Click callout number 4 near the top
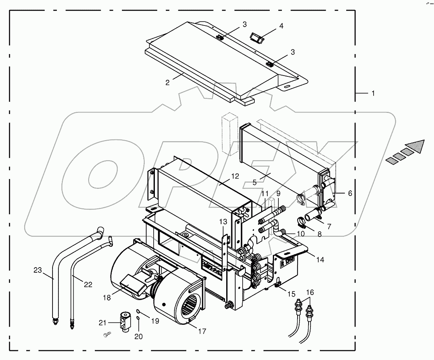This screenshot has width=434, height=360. point(281,26)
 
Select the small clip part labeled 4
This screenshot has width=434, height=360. point(256,38)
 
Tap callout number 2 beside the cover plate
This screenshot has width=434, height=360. point(167,83)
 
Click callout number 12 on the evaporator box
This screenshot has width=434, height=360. point(234,176)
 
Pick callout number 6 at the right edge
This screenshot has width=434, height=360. point(350,194)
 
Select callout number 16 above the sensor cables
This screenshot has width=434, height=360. point(310,292)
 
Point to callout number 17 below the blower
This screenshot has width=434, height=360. point(202,331)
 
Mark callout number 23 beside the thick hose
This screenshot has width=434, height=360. point(37,270)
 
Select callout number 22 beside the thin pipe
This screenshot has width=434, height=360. point(88,285)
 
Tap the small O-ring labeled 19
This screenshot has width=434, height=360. point(138,311)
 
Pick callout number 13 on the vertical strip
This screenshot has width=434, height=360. point(223,222)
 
